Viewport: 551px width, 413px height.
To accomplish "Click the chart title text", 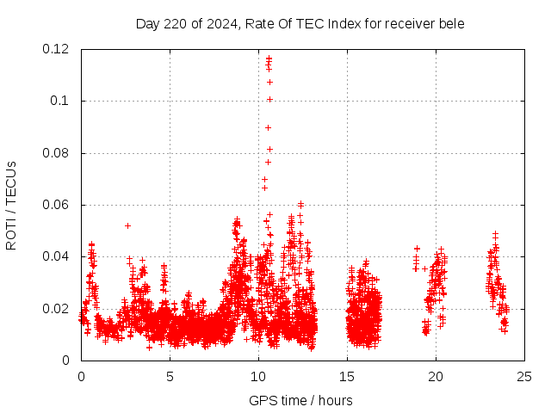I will point(300,23).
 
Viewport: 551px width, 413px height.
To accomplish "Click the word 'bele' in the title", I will point(451,23).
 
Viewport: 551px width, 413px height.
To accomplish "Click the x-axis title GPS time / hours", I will point(300,400).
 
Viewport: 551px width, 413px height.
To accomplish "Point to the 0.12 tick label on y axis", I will point(57,49).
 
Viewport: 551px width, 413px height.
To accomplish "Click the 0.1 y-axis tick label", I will point(60,101).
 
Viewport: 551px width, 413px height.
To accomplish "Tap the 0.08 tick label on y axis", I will point(57,153).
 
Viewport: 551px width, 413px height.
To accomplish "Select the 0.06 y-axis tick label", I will point(57,205).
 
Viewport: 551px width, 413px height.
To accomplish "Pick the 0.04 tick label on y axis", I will point(57,256).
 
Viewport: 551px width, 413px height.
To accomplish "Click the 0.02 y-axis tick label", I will point(57,309).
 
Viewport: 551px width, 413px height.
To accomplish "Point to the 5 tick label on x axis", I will point(170,376).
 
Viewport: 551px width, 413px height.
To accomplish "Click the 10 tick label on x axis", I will point(258,376).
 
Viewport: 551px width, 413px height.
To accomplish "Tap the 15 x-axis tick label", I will point(347,376).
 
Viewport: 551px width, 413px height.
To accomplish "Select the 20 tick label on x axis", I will point(436,376).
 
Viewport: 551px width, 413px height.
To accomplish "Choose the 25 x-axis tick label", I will point(524,376).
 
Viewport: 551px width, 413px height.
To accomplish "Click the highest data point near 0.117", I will point(269,58).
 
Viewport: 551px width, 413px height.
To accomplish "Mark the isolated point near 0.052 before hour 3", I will point(127,225).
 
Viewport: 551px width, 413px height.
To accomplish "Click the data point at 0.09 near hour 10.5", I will point(268,127).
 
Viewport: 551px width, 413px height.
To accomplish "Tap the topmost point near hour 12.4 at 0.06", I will point(300,204).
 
